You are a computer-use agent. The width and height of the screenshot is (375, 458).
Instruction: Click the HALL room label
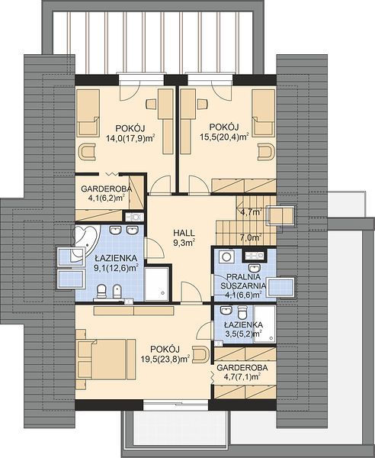click(184, 233)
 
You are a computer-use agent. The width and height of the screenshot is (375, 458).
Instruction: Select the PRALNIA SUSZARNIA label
click(243, 281)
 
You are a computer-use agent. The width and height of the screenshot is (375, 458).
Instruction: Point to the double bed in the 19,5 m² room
click(106, 360)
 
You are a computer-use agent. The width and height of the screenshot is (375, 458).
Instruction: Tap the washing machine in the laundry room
click(227, 256)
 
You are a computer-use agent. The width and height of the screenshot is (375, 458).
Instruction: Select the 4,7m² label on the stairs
click(251, 212)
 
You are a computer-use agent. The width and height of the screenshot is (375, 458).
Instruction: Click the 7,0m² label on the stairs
click(251, 237)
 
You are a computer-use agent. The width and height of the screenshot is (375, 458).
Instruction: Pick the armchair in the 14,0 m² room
click(87, 152)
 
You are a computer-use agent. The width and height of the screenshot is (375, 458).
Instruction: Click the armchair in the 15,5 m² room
click(266, 152)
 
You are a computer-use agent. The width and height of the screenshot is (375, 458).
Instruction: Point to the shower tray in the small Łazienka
click(264, 324)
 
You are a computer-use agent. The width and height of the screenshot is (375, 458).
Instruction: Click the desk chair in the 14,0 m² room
click(152, 104)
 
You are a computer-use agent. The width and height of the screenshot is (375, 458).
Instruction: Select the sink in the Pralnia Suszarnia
click(255, 267)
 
